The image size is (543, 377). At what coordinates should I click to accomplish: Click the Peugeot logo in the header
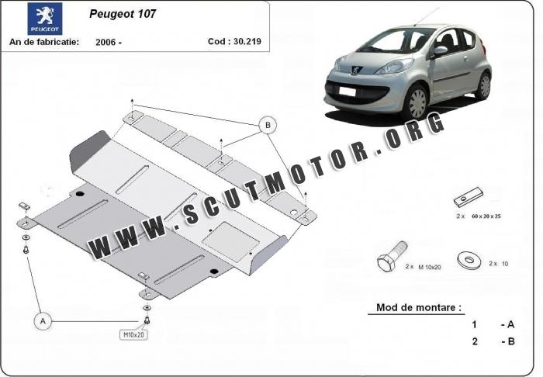click(x=45, y=19)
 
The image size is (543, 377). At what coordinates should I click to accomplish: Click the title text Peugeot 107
click(x=123, y=13)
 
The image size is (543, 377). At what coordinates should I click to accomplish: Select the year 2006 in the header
click(x=105, y=42)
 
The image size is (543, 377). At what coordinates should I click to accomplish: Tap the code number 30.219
click(x=247, y=41)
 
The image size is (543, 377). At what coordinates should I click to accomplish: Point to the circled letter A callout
click(x=43, y=321)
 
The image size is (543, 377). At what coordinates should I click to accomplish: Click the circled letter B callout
click(x=268, y=125)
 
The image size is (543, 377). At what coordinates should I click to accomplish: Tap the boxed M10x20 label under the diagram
click(x=133, y=335)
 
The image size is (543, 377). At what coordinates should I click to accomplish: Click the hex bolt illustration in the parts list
click(x=392, y=257)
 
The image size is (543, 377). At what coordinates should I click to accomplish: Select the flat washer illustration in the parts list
click(x=469, y=261)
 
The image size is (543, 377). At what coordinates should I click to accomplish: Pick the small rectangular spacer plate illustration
click(x=469, y=197)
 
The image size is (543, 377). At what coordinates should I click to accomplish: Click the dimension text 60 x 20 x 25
click(x=486, y=216)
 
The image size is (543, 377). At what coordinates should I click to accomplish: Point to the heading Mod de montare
click(x=419, y=307)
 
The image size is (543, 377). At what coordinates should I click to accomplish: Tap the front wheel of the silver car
click(x=416, y=103)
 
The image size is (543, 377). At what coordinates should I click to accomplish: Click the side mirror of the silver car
click(x=440, y=51)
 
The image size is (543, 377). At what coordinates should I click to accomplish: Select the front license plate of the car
click(x=348, y=92)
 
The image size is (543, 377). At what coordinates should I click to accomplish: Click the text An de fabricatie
click(x=44, y=42)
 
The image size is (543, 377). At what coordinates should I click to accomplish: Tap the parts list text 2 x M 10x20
click(x=424, y=267)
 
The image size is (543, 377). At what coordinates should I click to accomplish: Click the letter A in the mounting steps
click(x=510, y=325)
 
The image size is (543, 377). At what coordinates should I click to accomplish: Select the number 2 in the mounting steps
click(x=475, y=341)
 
